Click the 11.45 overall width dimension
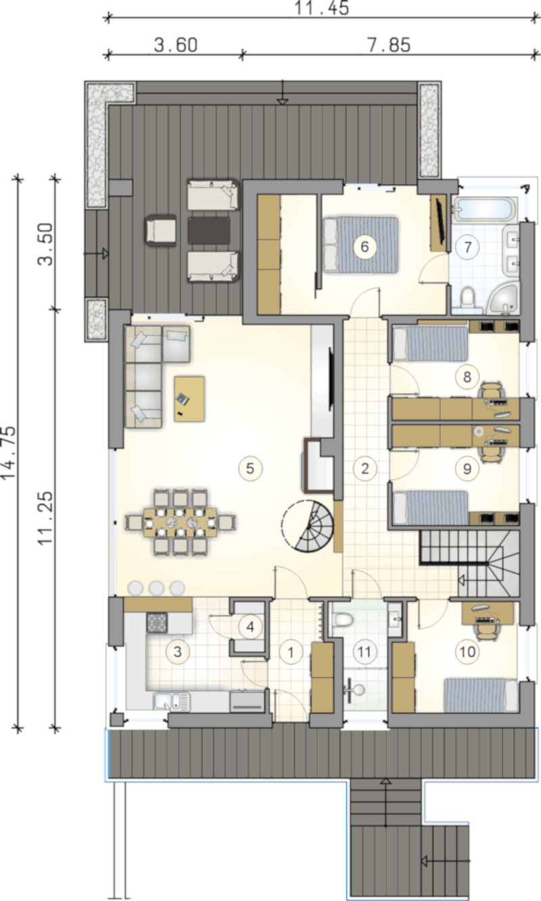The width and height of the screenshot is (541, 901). pyautogui.click(x=321, y=8)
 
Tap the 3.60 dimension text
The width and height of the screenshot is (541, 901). pyautogui.click(x=176, y=45)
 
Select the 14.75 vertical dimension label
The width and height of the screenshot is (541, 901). pyautogui.click(x=8, y=452)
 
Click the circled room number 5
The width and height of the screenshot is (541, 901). pyautogui.click(x=250, y=468)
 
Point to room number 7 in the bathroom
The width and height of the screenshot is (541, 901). pyautogui.click(x=468, y=247)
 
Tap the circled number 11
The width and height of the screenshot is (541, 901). pyautogui.click(x=364, y=652)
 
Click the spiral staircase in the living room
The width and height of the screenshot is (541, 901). pyautogui.click(x=308, y=525)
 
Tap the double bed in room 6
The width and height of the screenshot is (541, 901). pyautogui.click(x=360, y=245)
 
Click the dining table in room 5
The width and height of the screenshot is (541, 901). pyautogui.click(x=181, y=522)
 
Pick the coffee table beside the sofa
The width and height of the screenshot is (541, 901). pyautogui.click(x=189, y=399)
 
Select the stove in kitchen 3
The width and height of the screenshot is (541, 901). pyautogui.click(x=157, y=623)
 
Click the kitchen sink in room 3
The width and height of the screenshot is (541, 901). pyautogui.click(x=172, y=701)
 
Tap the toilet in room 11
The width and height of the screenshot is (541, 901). pyautogui.click(x=344, y=620)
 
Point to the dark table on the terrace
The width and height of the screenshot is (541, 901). pyautogui.click(x=209, y=231)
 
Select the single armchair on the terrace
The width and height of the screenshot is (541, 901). pyautogui.click(x=161, y=230)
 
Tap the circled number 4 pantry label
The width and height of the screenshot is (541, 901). pyautogui.click(x=250, y=627)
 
